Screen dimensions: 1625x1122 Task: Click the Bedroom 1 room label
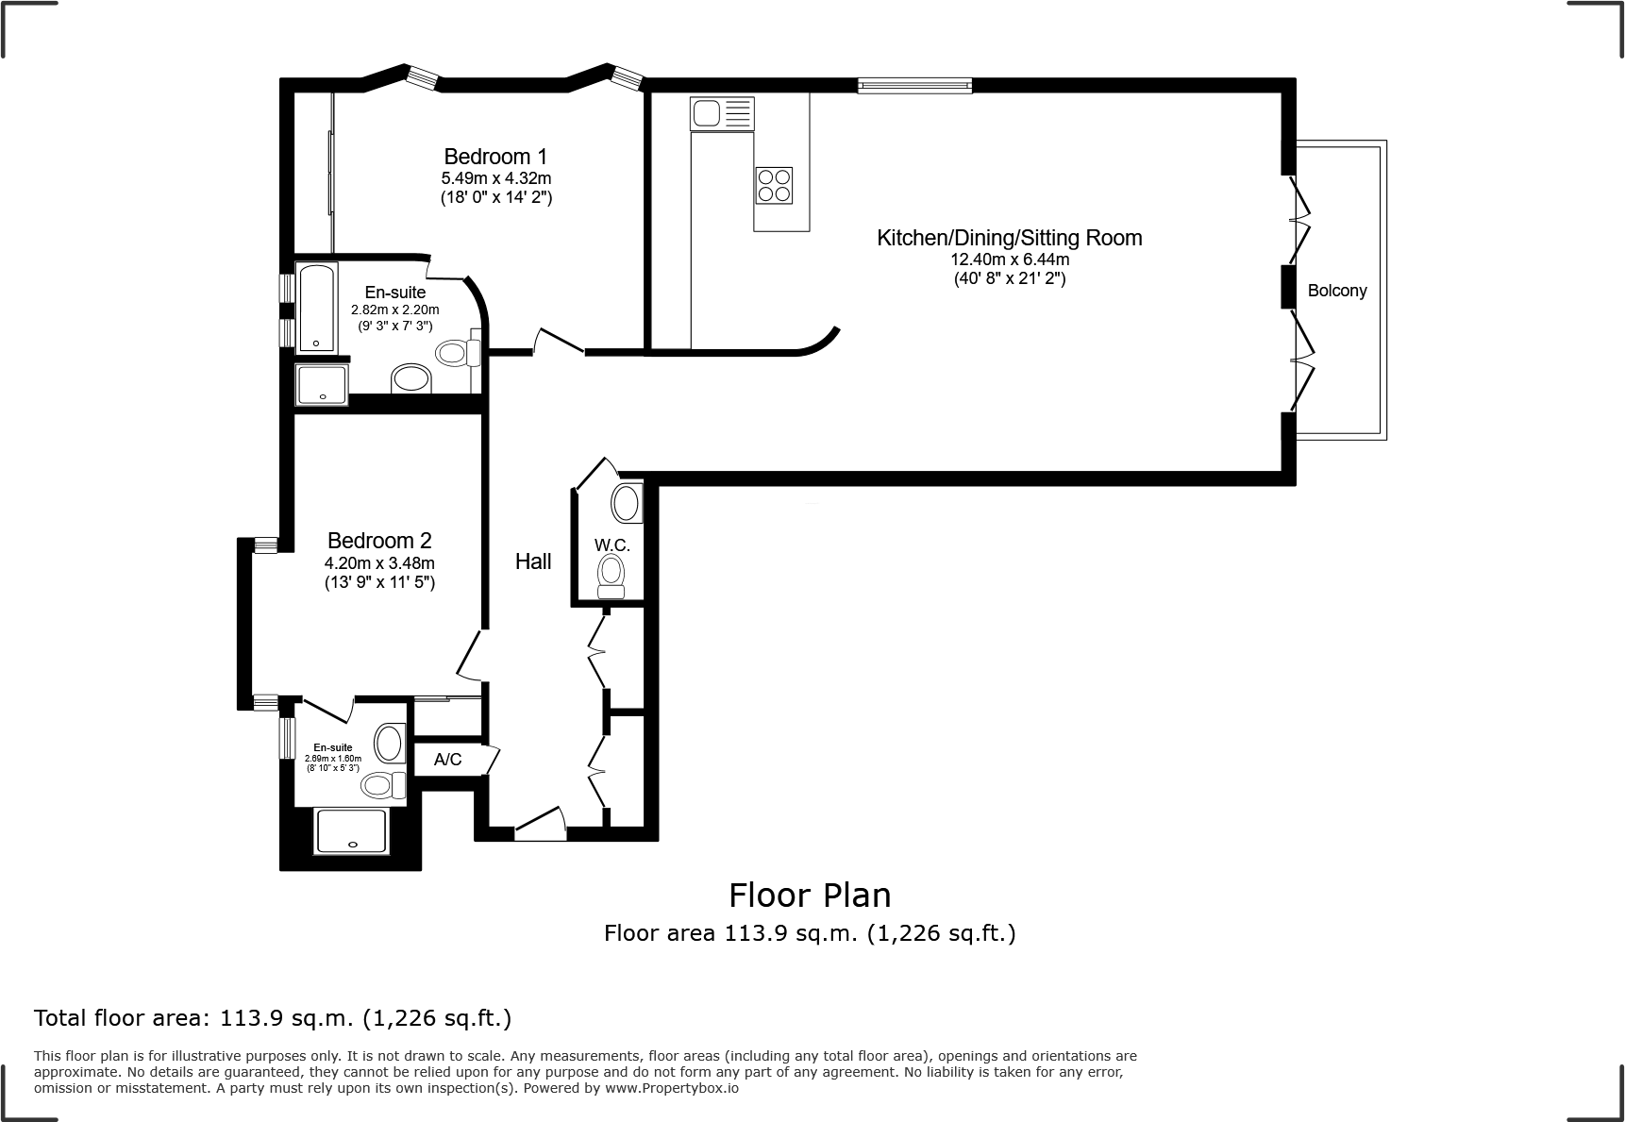coord(495,157)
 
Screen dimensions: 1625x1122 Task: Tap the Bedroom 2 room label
coord(379,541)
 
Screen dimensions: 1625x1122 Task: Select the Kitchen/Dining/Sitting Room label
coord(1010,238)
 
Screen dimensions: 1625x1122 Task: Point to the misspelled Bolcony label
coord(1337,291)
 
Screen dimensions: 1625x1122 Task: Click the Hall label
coord(533,561)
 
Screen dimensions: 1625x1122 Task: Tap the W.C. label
coord(612,545)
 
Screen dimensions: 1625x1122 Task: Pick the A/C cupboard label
coord(448,760)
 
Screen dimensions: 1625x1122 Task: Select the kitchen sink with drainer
coord(723,113)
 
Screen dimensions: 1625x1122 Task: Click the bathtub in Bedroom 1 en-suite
coord(317,308)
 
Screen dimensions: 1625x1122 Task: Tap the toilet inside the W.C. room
coord(611,575)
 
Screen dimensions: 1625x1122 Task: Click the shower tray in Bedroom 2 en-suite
coord(351,831)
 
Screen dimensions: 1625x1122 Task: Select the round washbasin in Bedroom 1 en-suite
coord(411,379)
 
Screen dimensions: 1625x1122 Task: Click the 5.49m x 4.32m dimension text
coord(496,178)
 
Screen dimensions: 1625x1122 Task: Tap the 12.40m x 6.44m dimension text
coord(1010,260)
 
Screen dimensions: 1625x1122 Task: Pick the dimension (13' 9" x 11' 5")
coord(379,583)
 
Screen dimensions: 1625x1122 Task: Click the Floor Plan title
coord(810,895)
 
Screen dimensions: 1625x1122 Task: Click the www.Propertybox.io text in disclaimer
coord(671,1088)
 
